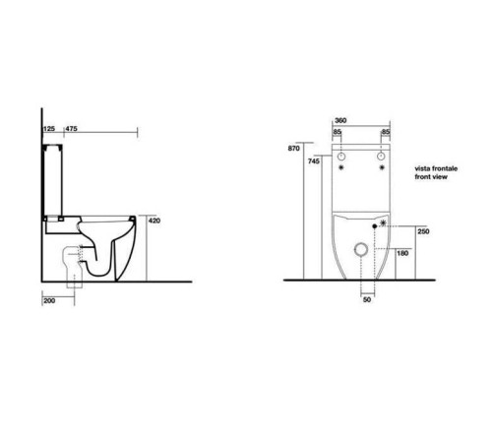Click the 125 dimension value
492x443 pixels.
click(47, 128)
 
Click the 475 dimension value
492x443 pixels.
click(71, 128)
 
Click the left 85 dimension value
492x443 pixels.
click(337, 132)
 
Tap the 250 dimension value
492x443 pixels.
click(422, 231)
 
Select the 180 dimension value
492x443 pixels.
click(401, 254)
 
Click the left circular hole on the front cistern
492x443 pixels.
click(340, 157)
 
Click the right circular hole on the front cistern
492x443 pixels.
click(382, 157)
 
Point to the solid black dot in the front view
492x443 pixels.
click(375, 226)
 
